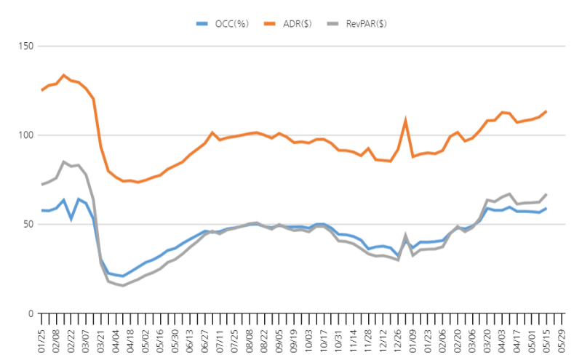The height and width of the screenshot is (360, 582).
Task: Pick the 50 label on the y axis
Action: click(28, 225)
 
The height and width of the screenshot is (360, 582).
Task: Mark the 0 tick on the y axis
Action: click(30, 313)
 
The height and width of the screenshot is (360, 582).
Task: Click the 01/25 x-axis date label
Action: click(42, 335)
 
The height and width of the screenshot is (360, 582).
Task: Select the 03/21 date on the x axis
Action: click(102, 335)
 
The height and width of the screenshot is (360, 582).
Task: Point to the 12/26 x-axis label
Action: click(399, 335)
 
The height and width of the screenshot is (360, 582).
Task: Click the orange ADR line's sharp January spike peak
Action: click(405, 120)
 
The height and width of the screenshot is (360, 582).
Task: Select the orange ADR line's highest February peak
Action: click(64, 75)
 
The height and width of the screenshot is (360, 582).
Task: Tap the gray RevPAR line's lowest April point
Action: click(122, 286)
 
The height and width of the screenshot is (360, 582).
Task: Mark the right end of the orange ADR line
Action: click(546, 111)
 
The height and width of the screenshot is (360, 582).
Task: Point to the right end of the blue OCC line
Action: click(546, 208)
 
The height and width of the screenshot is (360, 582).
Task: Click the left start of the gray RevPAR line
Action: click(42, 185)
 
